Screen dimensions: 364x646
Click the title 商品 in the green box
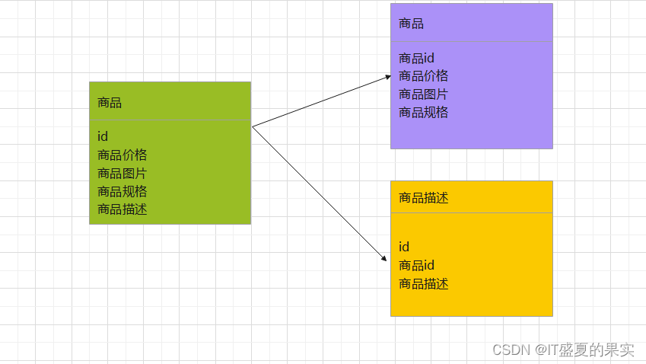tap(110, 103)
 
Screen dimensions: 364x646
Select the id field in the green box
tap(103, 136)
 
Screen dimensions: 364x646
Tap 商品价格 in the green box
tap(122, 155)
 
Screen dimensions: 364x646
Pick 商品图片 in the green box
tap(122, 173)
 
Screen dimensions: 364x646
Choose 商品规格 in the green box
tap(122, 191)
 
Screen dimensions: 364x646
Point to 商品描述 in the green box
tap(122, 209)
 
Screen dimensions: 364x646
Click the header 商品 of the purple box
tap(411, 24)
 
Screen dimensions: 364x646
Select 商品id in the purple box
tap(416, 58)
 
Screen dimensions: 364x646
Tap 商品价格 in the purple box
tap(423, 76)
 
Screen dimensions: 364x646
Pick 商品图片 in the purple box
tap(423, 94)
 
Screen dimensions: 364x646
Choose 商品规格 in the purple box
tap(423, 113)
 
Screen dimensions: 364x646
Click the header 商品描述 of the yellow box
tap(423, 198)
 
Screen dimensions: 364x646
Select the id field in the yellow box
tap(404, 247)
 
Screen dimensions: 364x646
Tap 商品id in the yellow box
tap(416, 265)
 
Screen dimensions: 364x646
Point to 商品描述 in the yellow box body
tap(423, 284)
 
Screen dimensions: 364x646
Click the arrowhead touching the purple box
tap(387, 77)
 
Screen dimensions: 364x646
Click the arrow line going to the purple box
tap(320, 101)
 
